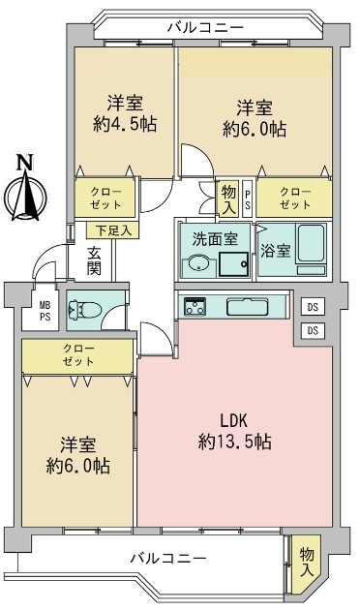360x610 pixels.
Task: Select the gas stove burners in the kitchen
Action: [195, 306]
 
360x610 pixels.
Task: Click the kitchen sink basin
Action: [247, 307]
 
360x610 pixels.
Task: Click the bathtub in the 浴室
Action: [311, 244]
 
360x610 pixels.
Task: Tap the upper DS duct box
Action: [313, 307]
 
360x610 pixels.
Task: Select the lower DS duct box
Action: [313, 330]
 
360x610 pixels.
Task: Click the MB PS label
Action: [45, 312]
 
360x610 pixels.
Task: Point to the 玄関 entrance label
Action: [94, 260]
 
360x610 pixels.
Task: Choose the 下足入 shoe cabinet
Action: [112, 230]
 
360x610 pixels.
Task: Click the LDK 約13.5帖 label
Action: [234, 431]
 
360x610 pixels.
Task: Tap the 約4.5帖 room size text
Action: [125, 125]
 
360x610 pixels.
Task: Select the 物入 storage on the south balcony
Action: [307, 563]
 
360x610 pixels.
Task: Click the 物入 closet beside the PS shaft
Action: [228, 198]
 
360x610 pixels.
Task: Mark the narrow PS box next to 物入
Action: [247, 198]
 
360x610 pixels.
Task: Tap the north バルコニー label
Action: [206, 28]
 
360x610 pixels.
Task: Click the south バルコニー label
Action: [168, 559]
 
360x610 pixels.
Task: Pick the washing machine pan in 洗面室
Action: [233, 264]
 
